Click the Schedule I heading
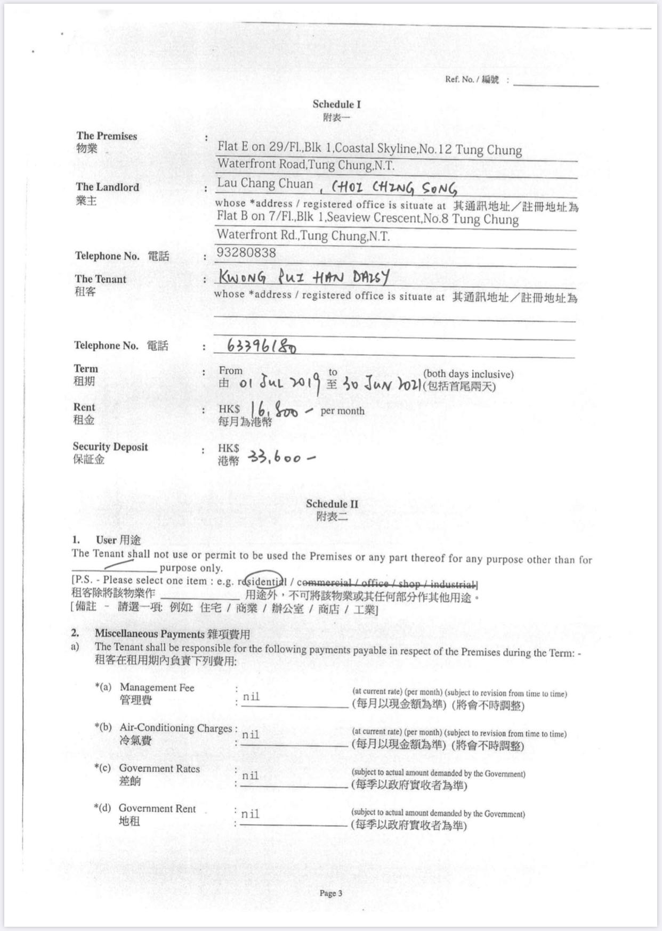pyautogui.click(x=336, y=104)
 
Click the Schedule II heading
pyautogui.click(x=332, y=504)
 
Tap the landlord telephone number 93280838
pyautogui.click(x=246, y=253)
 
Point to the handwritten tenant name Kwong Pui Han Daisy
pyautogui.click(x=304, y=277)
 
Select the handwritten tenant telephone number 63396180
pyautogui.click(x=262, y=346)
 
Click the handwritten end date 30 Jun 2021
pyautogui.click(x=382, y=383)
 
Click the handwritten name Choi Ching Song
pyautogui.click(x=394, y=188)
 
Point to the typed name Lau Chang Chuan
pyautogui.click(x=265, y=184)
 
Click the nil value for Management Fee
pyautogui.click(x=251, y=697)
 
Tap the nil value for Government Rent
pyautogui.click(x=250, y=814)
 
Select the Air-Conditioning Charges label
pyautogui.click(x=175, y=728)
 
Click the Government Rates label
pyautogui.click(x=159, y=769)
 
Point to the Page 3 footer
pyautogui.click(x=331, y=893)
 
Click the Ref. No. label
pyautogui.click(x=472, y=80)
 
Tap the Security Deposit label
pyautogui.click(x=110, y=447)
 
